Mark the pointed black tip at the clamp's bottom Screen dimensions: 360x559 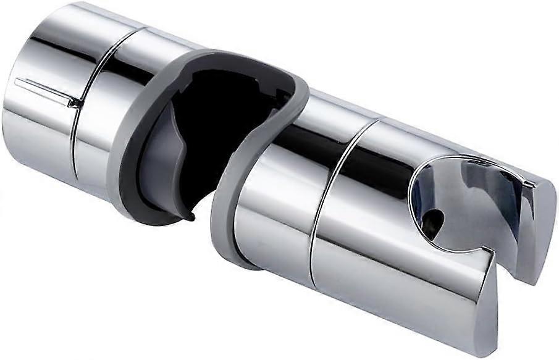click(193, 217)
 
